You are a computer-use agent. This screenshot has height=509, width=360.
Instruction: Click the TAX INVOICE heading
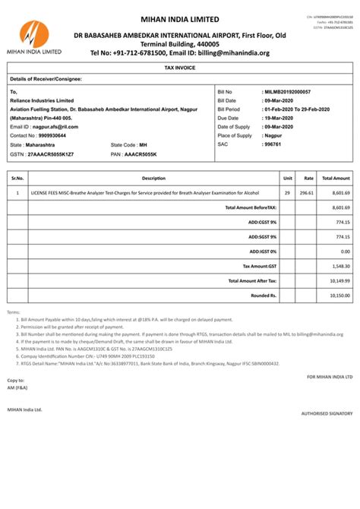pyautogui.click(x=179, y=68)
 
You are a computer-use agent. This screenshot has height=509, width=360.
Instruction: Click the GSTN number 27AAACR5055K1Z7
pyautogui.click(x=51, y=153)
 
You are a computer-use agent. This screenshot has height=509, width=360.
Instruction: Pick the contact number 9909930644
pyautogui.click(x=49, y=135)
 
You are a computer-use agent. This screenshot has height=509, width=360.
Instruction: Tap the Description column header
pyautogui.click(x=153, y=178)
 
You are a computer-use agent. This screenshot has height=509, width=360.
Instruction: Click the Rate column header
pyautogui.click(x=309, y=178)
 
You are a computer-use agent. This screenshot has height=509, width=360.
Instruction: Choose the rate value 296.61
pyautogui.click(x=307, y=193)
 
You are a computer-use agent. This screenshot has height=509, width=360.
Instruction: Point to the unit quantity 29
pyautogui.click(x=288, y=193)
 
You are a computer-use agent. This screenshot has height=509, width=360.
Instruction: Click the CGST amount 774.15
pyautogui.click(x=342, y=222)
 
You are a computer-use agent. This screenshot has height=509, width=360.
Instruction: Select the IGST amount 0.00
pyautogui.click(x=345, y=251)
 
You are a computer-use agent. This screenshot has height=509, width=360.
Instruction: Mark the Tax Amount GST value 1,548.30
pyautogui.click(x=339, y=266)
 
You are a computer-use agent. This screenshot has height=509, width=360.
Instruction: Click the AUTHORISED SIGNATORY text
pyautogui.click(x=327, y=413)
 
